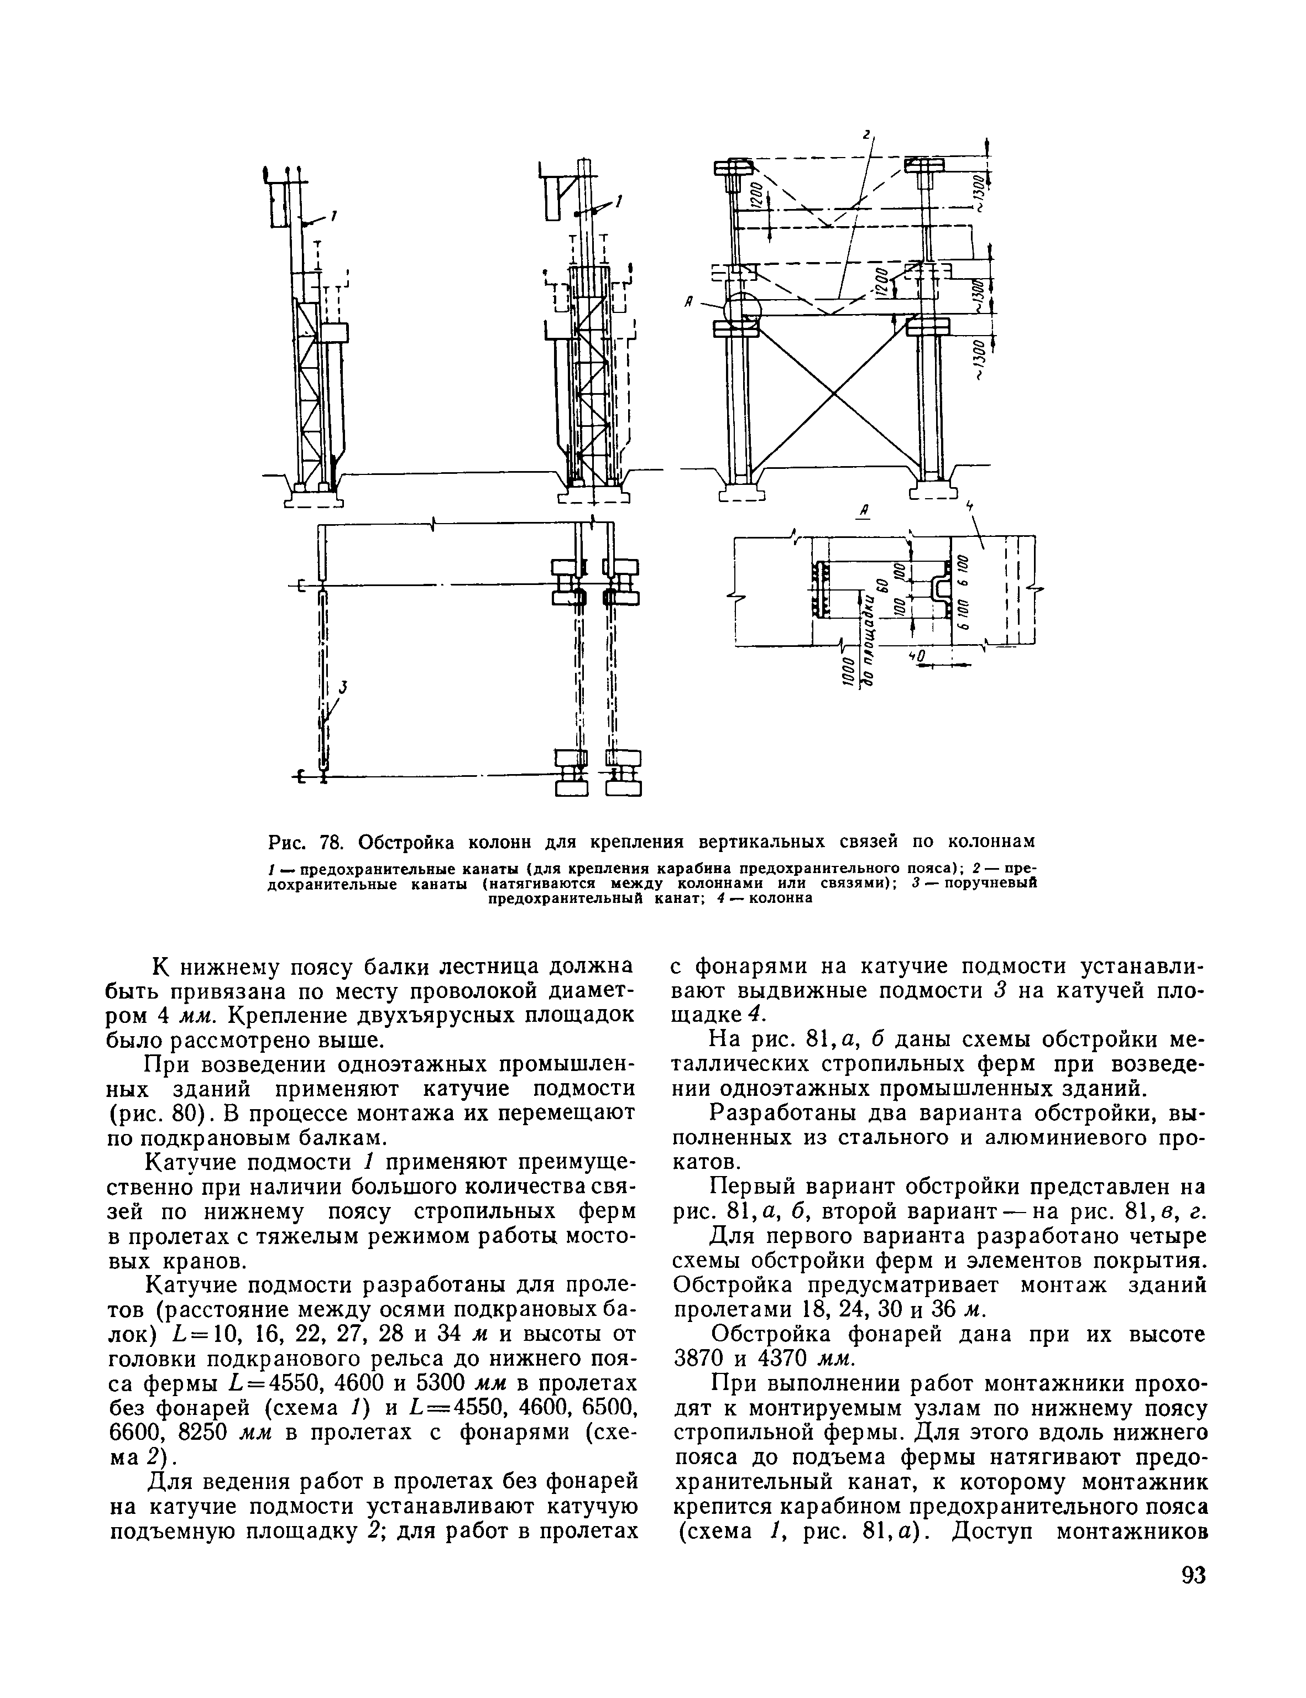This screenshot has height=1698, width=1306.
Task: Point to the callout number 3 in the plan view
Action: click(x=342, y=687)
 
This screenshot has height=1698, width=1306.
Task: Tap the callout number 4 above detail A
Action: click(x=969, y=506)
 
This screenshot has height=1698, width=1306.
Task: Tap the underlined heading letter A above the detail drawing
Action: click(x=863, y=510)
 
